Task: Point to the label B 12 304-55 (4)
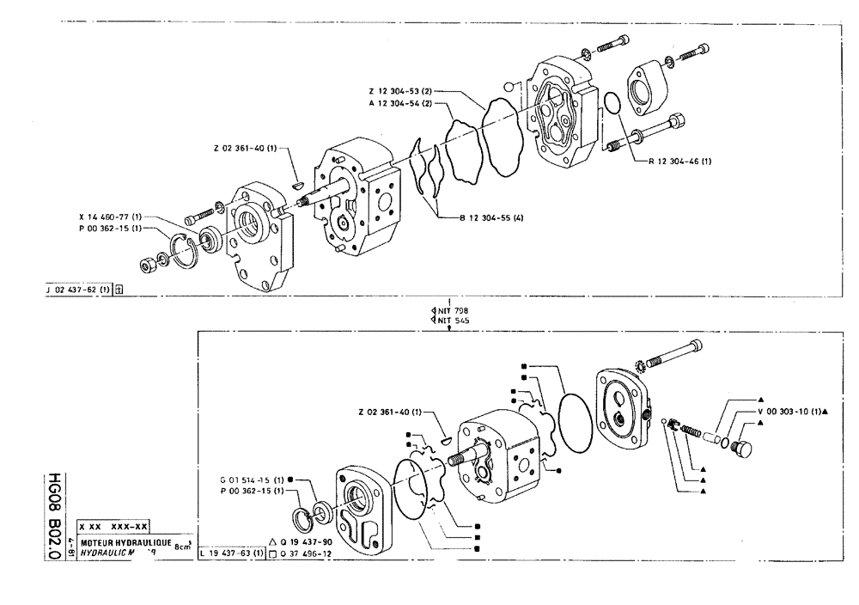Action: [491, 217]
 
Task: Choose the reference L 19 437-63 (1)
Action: [230, 554]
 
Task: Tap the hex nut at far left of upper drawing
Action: [147, 261]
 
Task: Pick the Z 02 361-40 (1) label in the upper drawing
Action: [247, 148]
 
